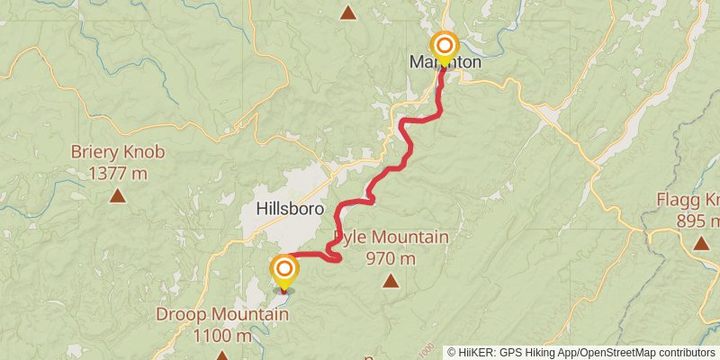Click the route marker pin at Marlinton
point(445,46)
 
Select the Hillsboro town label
point(290,208)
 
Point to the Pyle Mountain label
point(391,238)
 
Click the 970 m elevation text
point(391,258)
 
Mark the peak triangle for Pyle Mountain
point(391,282)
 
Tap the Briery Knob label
point(118,152)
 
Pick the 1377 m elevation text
point(118,172)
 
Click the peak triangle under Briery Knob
point(118,195)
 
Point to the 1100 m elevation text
point(222,336)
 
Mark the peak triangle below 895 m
point(700,242)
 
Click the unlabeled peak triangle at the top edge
point(348,12)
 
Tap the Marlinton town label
point(445,63)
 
